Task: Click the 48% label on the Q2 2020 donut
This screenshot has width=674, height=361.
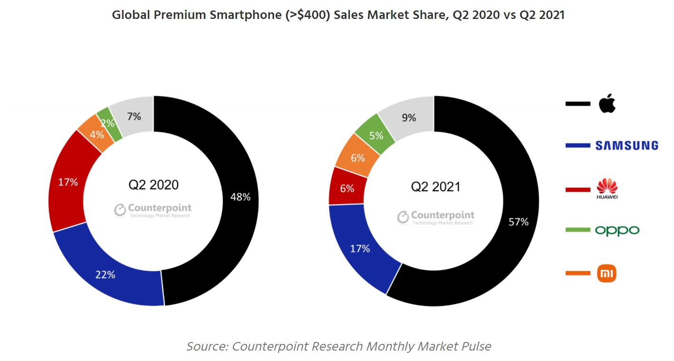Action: tap(240, 197)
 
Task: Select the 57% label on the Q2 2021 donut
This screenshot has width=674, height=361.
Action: tap(518, 222)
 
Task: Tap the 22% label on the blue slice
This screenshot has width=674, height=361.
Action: tap(105, 274)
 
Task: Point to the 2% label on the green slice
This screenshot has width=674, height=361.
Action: tap(107, 123)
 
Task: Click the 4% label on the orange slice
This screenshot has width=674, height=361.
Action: tap(97, 134)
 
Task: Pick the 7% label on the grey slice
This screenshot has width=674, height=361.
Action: tap(133, 116)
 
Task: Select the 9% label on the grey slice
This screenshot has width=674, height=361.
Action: tap(409, 118)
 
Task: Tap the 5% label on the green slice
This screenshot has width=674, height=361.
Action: tap(376, 136)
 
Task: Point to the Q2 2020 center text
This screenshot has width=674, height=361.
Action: tap(153, 185)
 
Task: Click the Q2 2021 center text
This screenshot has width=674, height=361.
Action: tap(436, 187)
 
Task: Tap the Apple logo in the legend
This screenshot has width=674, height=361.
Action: tap(607, 103)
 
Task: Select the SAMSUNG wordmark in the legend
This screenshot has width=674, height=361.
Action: tap(627, 146)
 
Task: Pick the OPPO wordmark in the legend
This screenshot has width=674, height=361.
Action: tap(617, 231)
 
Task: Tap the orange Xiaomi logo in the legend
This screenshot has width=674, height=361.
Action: tap(607, 273)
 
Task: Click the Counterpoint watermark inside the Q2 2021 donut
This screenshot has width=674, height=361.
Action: tap(436, 217)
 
